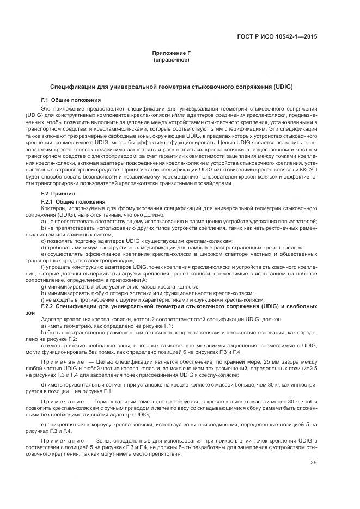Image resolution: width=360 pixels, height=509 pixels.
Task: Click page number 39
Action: (x=313, y=463)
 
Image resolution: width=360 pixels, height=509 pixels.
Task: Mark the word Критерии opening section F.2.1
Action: (x=52, y=208)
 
